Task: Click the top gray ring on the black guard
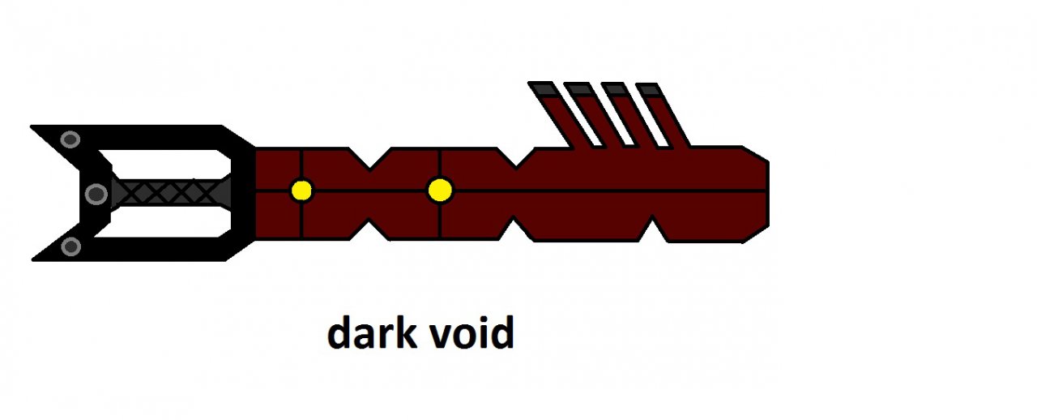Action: pos(70,139)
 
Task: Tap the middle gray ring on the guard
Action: pos(96,193)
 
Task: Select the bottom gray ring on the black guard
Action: pos(71,246)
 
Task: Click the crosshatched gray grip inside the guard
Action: pos(170,192)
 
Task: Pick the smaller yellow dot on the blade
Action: pos(301,191)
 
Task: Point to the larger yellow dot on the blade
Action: pos(440,191)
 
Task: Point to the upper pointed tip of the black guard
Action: pos(34,128)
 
